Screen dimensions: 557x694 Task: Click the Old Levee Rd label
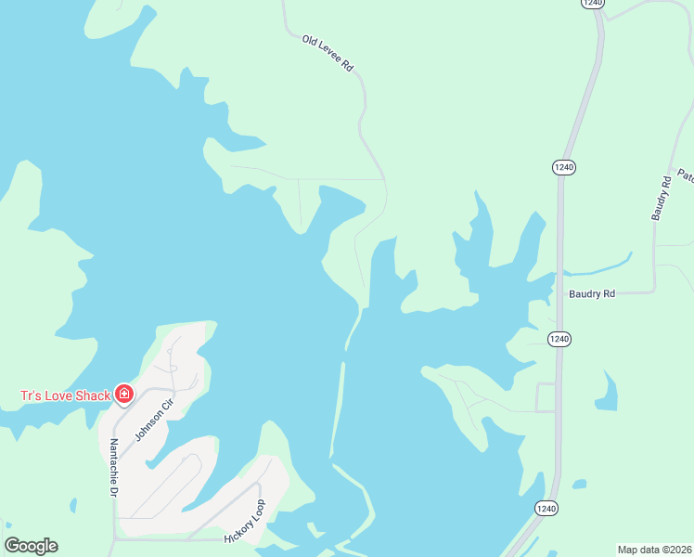pos(328,54)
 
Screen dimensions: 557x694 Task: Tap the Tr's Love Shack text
pos(65,395)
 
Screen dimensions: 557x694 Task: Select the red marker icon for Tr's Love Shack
pos(123,395)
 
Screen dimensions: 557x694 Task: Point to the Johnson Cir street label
pos(154,419)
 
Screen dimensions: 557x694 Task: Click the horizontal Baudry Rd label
pos(591,294)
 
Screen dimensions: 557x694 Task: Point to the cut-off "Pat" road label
pos(685,175)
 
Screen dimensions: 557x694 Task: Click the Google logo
pos(31,546)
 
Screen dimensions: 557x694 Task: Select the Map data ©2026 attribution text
pos(654,550)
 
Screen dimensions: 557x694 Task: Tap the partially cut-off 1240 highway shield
pos(594,4)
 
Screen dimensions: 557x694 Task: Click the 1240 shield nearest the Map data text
pos(546,508)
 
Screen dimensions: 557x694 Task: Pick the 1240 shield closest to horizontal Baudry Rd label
pos(559,339)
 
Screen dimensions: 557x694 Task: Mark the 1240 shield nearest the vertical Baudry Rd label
pos(564,167)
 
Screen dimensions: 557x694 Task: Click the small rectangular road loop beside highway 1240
pos(546,397)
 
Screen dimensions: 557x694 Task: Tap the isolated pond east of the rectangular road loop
pos(606,392)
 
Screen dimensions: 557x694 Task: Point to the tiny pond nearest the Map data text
pos(579,484)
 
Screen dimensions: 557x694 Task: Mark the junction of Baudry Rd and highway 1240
pos(559,293)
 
